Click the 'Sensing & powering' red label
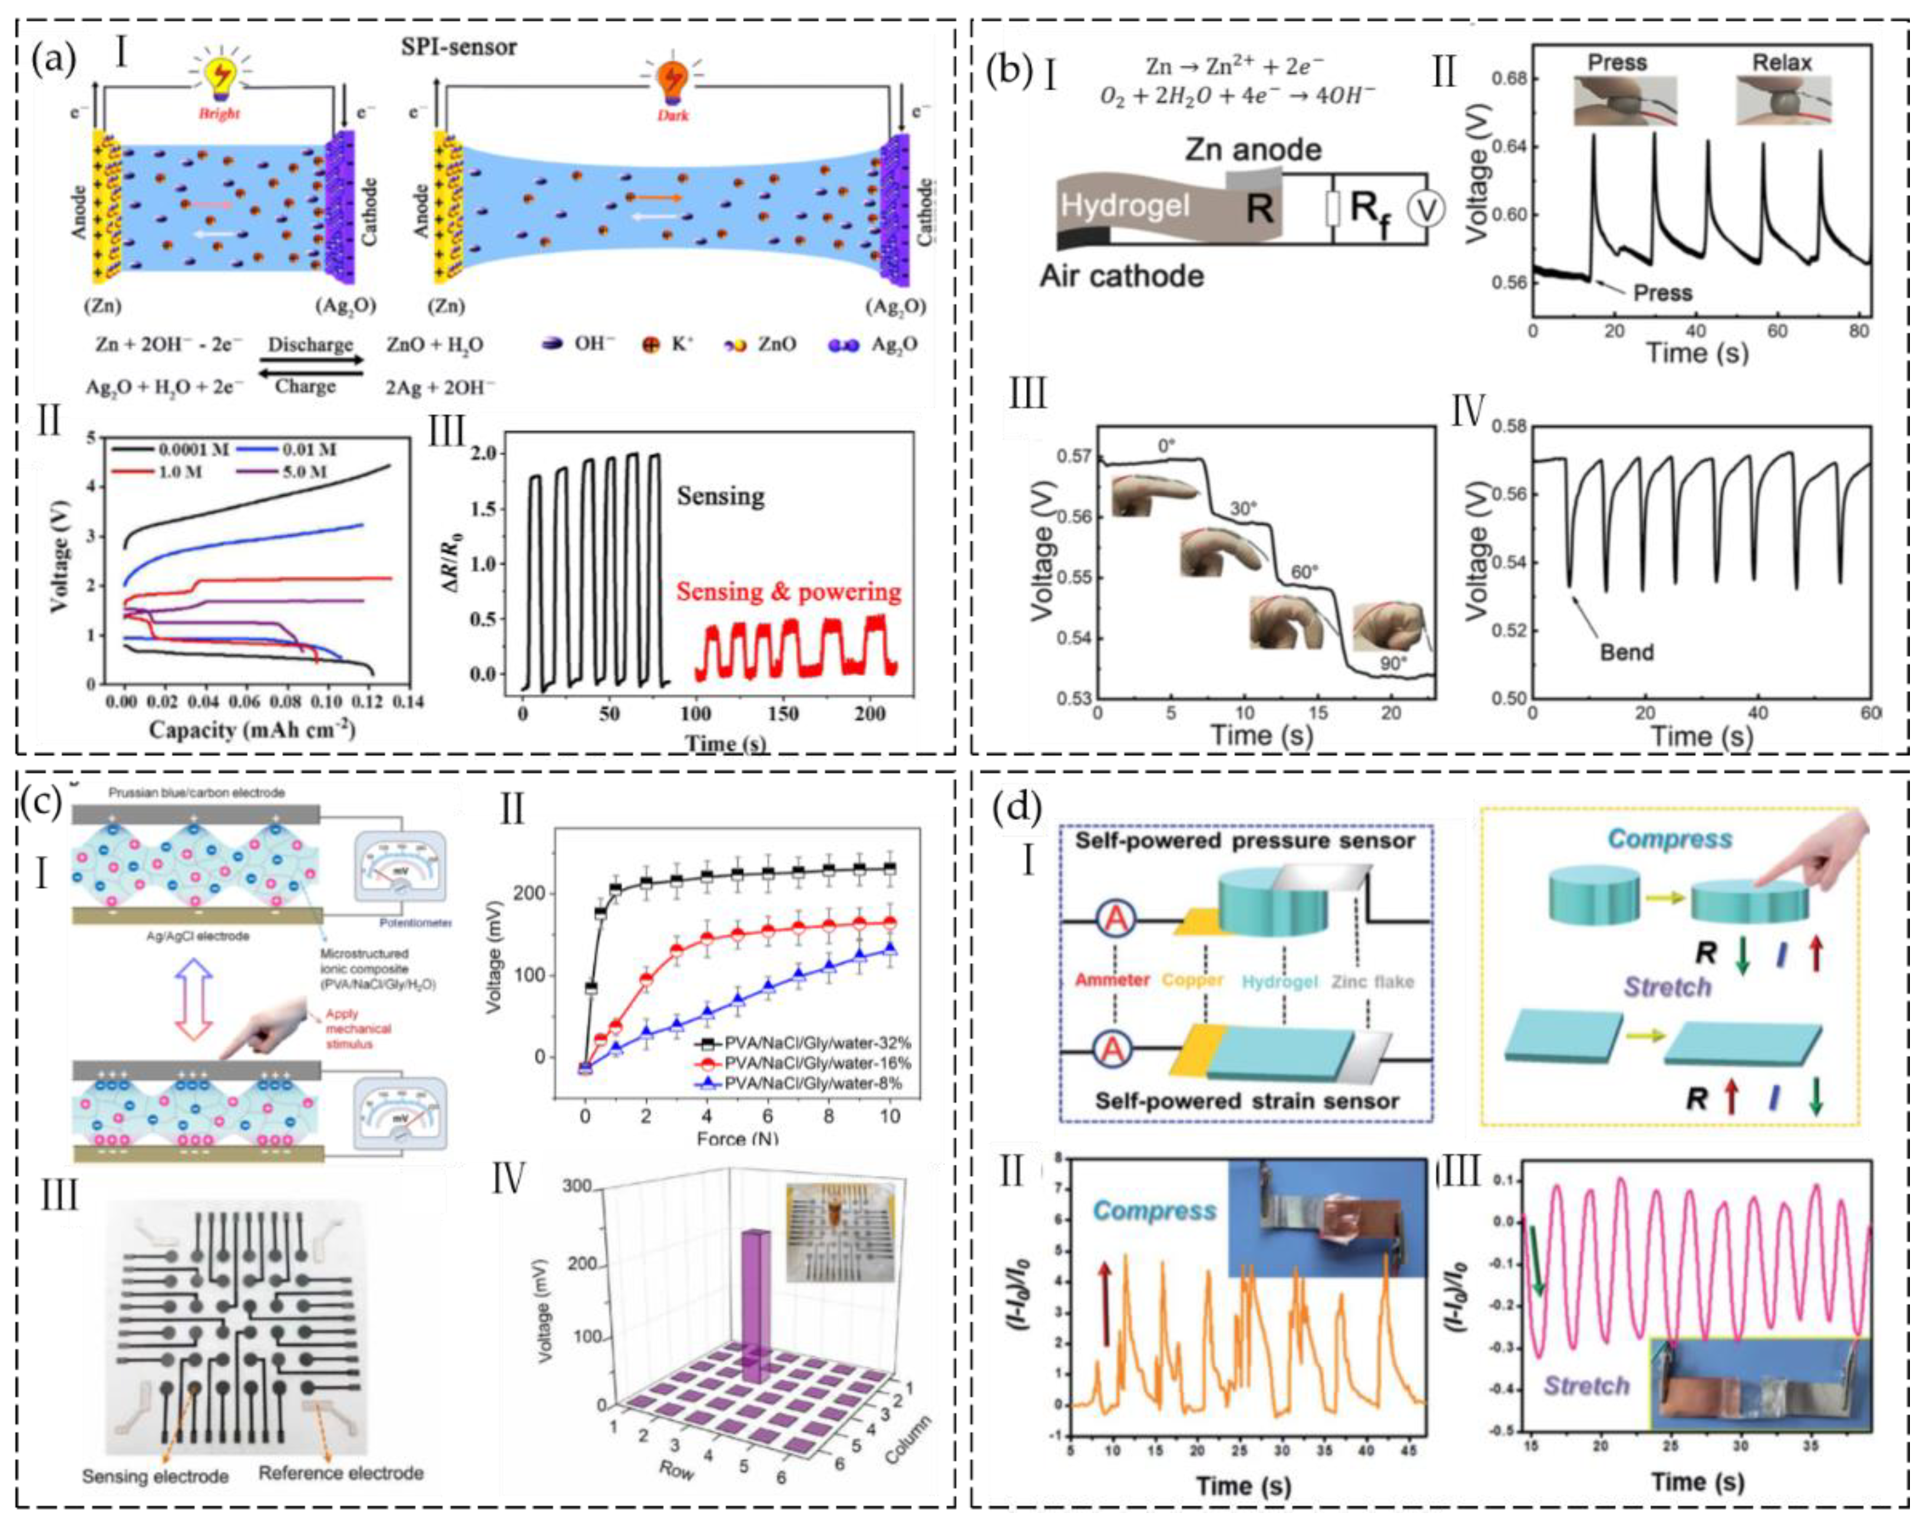click(x=788, y=592)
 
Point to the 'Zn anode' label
click(x=1252, y=149)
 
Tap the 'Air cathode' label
click(x=1121, y=275)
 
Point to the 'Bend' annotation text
click(x=1626, y=652)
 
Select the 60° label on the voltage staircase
click(x=1303, y=572)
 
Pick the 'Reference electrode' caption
click(x=341, y=1473)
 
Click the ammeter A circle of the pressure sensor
click(x=1114, y=921)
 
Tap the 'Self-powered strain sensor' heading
click(x=1247, y=1101)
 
